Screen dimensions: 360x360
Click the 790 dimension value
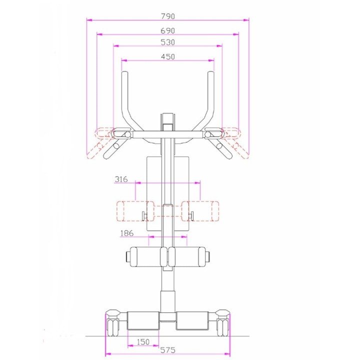[x=168, y=16]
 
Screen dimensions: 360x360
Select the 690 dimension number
[x=168, y=30]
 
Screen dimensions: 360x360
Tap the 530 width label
[x=168, y=42]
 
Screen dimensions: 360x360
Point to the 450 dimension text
[x=168, y=56]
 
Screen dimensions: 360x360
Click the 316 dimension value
[x=121, y=179]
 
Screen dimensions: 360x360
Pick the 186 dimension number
[x=126, y=233]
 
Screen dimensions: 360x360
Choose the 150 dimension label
[x=143, y=342]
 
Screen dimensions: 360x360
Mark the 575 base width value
[x=168, y=350]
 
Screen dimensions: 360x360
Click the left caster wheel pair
[x=113, y=327]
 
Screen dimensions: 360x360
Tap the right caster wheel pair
[x=222, y=327]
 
